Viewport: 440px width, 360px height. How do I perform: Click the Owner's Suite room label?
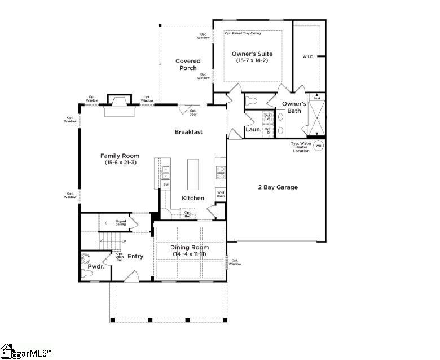click(252, 54)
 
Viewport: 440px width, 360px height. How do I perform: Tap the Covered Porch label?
click(187, 64)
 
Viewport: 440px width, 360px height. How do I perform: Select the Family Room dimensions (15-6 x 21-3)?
click(120, 163)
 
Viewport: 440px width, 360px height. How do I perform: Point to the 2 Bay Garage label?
click(278, 187)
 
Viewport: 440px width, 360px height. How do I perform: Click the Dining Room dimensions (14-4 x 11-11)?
click(189, 254)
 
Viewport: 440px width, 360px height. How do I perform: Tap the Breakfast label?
click(188, 132)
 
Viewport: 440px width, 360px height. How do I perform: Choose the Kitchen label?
click(193, 198)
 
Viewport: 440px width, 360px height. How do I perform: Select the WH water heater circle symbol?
click(318, 146)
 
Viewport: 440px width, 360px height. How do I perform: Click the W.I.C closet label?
click(307, 56)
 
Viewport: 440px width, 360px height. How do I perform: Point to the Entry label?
click(135, 256)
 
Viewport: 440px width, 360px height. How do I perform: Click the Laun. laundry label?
click(253, 130)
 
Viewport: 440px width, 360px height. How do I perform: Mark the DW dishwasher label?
click(166, 185)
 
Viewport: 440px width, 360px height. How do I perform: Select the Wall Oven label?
click(221, 194)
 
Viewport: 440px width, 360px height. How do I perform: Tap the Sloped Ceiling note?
click(121, 223)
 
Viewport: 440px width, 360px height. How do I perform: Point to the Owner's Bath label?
click(294, 107)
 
